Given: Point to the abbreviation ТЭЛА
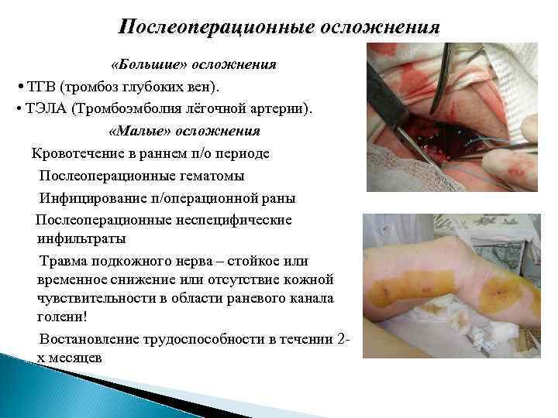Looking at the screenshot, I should pyautogui.click(x=44, y=106).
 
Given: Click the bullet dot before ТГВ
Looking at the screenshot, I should pyautogui.click(x=18, y=84).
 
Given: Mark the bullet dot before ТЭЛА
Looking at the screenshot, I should pyautogui.click(x=18, y=107).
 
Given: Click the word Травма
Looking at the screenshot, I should pyautogui.click(x=62, y=260).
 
